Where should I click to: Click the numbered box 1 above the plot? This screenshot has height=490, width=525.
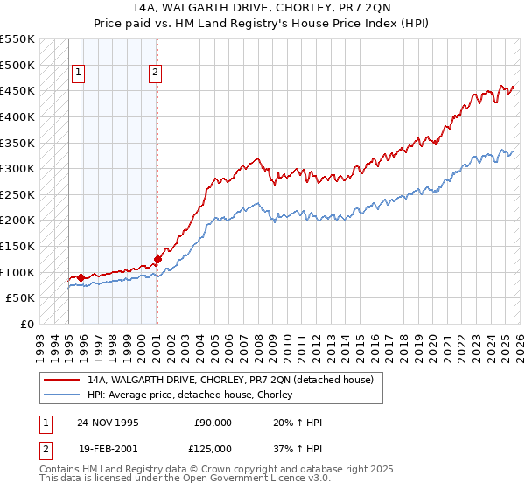pyautogui.click(x=80, y=73)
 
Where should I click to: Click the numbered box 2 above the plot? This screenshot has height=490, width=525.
pyautogui.click(x=156, y=73)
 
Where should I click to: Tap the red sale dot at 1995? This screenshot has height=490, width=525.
pyautogui.click(x=81, y=277)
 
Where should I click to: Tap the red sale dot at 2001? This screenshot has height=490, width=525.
pyautogui.click(x=157, y=259)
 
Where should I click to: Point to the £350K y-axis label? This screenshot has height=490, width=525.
pyautogui.click(x=17, y=143)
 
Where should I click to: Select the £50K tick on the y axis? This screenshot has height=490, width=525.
pyautogui.click(x=21, y=298)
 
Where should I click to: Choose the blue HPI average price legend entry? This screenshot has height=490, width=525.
pyautogui.click(x=189, y=395)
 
